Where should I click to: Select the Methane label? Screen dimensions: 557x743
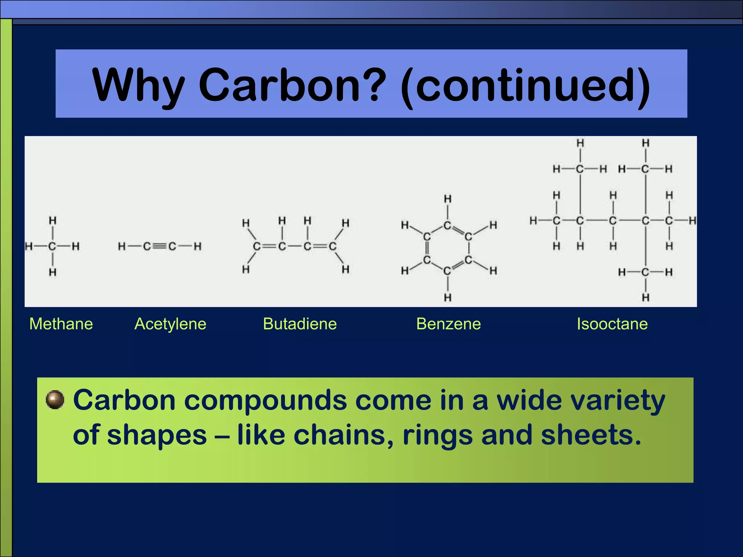point(61,324)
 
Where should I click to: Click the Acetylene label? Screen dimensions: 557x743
point(170,324)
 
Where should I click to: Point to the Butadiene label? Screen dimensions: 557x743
point(300,324)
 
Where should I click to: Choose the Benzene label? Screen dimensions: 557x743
point(448,324)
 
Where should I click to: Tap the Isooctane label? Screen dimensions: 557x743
point(612,324)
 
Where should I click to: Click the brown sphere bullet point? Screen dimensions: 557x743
point(55,400)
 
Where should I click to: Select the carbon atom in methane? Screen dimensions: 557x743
point(52,247)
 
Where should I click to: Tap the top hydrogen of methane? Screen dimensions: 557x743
point(53,220)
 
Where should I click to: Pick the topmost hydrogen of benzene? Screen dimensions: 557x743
point(448,199)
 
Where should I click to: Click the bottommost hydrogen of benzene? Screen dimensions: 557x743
point(448,298)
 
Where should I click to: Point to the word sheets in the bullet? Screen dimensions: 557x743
point(590,435)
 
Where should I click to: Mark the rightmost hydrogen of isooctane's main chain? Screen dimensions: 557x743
point(692,220)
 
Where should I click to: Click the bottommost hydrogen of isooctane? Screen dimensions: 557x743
point(645,298)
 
